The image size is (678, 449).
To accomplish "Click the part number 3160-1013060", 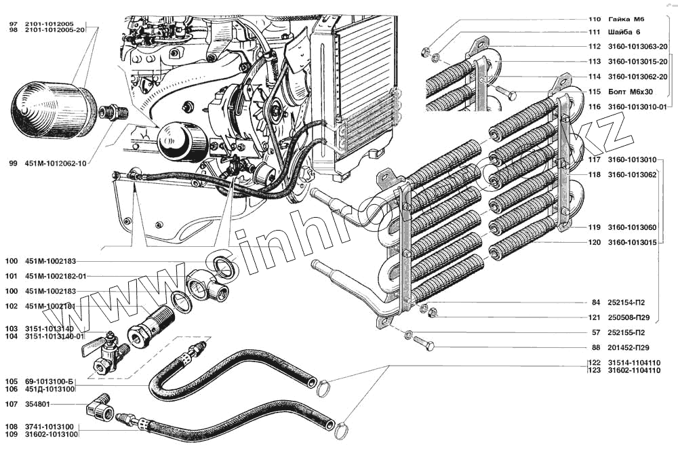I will pos(632,227).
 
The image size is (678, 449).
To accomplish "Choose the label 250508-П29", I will pos(630,317).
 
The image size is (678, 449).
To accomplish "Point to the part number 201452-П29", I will pos(630,348).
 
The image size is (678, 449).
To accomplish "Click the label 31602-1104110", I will pos(633,371).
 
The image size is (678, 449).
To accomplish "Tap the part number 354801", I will pos(37,405).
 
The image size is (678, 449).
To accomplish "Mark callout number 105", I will pos(11,381).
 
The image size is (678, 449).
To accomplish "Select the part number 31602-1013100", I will pos(51,433).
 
